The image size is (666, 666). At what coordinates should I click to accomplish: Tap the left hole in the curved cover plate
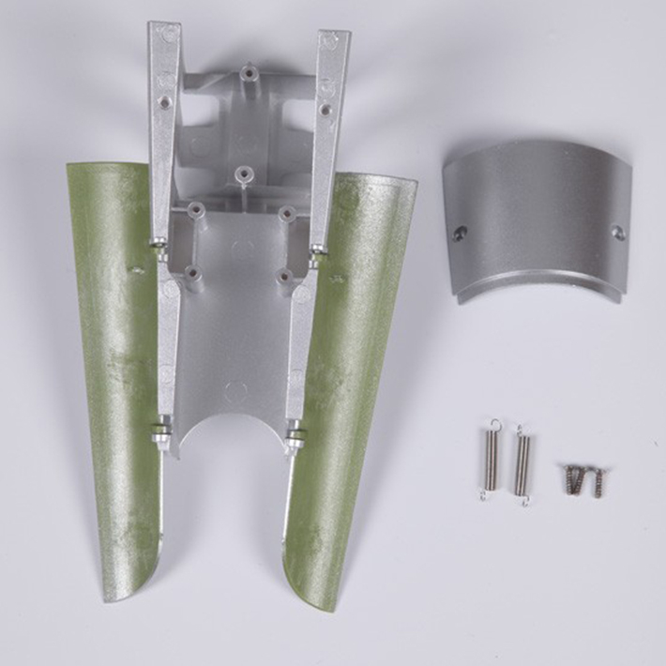460,234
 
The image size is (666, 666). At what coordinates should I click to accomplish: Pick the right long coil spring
521,465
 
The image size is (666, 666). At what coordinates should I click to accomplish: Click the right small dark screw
596,481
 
